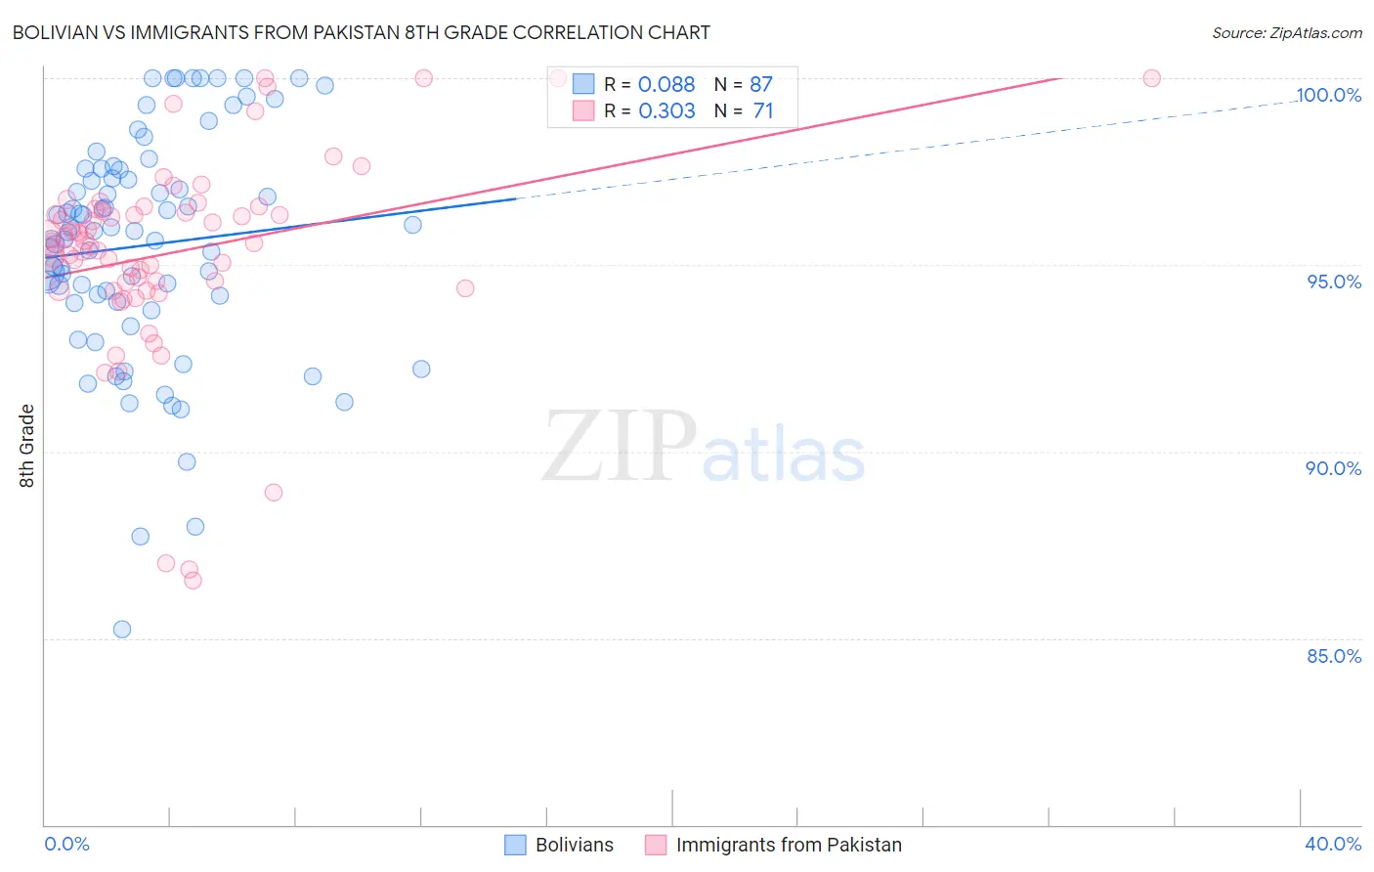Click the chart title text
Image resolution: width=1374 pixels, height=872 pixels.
coord(361,32)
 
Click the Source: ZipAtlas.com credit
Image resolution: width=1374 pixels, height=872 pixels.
coord(1286,32)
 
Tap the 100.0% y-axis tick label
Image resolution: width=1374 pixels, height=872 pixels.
coord(1328,95)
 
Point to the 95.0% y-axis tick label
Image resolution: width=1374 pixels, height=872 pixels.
coord(1334,282)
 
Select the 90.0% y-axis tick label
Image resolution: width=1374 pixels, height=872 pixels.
coord(1334,468)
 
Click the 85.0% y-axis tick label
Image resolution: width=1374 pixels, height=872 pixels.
coord(1334,656)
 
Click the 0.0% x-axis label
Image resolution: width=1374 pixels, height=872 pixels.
coord(66,844)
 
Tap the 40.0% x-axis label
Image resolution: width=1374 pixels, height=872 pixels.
coord(1333,844)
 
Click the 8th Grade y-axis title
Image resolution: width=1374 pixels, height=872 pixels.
coord(27,446)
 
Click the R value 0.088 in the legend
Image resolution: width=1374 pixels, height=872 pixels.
coord(666,84)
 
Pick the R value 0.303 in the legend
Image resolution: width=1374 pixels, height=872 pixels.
coord(666,111)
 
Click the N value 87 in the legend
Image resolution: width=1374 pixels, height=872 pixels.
coord(760,84)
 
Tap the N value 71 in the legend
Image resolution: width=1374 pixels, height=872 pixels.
coord(762,111)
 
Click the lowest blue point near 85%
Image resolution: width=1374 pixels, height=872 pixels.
coord(122,630)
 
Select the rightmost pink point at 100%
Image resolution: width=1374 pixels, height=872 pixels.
coord(1151,78)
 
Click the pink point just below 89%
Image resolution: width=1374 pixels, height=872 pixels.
coord(274,493)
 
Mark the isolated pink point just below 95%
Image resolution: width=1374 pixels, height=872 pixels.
coord(465,288)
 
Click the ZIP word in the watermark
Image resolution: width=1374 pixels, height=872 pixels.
coord(620,447)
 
